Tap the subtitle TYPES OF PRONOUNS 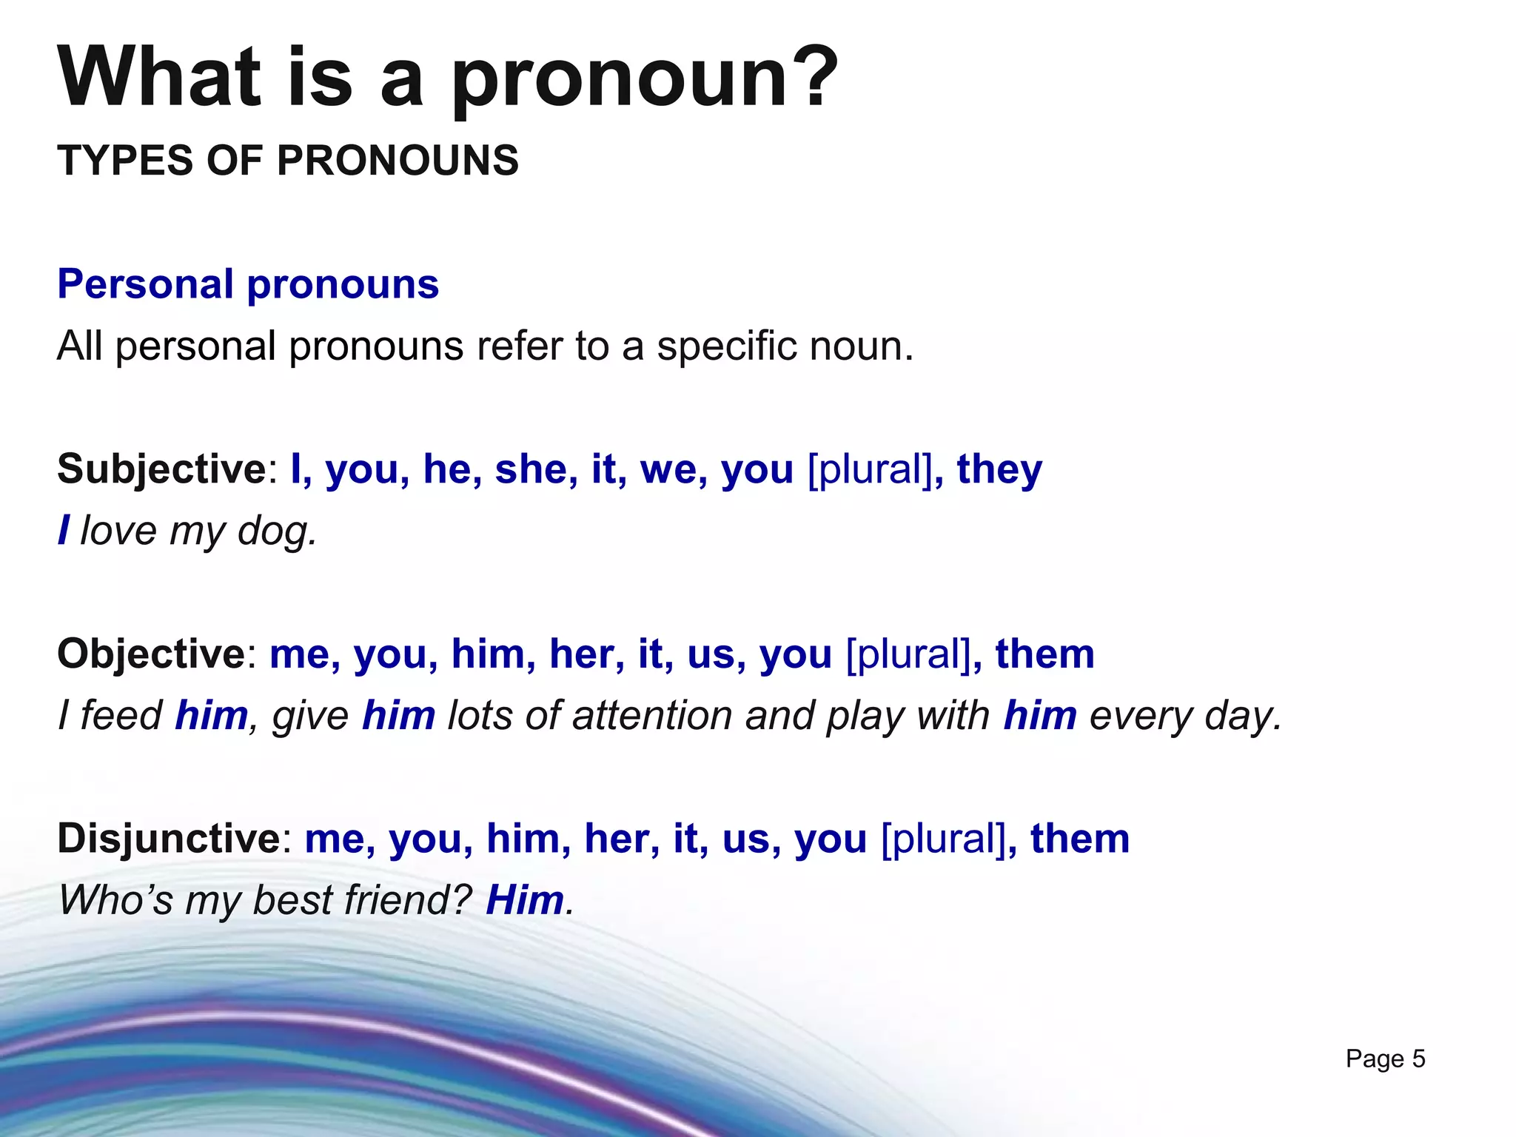288,160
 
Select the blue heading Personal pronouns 248,284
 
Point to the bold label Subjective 161,469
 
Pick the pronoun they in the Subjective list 999,469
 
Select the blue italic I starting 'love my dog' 64,531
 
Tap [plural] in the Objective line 908,654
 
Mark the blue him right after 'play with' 1039,716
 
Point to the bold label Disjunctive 168,839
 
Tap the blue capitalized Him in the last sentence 524,901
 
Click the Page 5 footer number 1385,1059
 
